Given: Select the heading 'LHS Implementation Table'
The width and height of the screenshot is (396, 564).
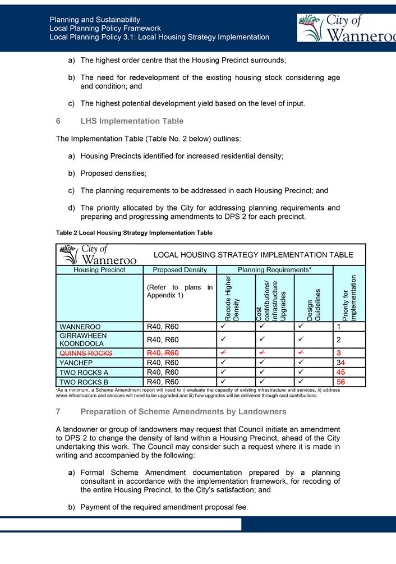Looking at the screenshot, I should [132, 121].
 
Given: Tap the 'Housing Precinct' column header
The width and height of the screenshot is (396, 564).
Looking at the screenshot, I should [99, 270].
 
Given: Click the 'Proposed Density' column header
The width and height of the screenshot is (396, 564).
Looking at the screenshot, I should [179, 270].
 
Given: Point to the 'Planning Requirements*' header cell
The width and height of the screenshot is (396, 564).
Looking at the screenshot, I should [275, 270].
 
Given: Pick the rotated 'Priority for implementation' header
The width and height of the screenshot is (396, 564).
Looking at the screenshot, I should [349, 297].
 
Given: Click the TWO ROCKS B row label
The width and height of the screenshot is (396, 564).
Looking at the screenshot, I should [84, 382].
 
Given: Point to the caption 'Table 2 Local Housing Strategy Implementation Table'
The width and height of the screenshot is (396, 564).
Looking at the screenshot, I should [134, 232].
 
